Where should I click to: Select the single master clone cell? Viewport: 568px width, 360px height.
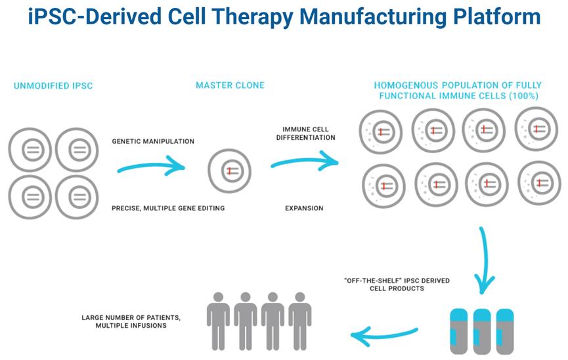click(229, 171)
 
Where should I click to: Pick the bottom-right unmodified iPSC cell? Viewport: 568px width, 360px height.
click(78, 195)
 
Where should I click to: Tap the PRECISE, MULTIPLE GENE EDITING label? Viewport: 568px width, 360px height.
click(169, 208)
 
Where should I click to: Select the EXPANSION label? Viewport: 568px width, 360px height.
click(304, 208)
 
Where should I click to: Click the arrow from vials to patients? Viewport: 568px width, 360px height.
click(384, 335)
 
